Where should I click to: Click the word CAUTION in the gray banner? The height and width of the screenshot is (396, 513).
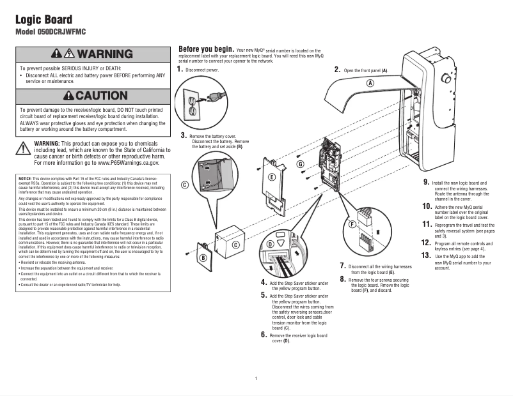tap(100, 96)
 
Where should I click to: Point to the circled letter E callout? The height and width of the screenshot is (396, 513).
tap(272, 177)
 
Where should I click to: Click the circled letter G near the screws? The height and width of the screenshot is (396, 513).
tap(300, 164)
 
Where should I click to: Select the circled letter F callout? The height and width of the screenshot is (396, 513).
tap(352, 225)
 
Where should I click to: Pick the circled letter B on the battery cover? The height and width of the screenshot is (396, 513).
tap(203, 258)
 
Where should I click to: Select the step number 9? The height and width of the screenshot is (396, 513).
tap(426, 182)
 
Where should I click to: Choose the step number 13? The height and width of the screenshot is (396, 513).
tap(427, 255)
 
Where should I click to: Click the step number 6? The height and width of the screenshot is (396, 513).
tap(264, 334)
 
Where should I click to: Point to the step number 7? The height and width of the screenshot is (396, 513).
tap(343, 266)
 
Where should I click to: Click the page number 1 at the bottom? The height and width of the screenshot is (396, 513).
tap(256, 379)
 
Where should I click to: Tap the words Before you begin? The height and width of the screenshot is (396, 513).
tap(205, 49)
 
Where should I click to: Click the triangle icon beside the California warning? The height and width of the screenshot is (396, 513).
tap(23, 148)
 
